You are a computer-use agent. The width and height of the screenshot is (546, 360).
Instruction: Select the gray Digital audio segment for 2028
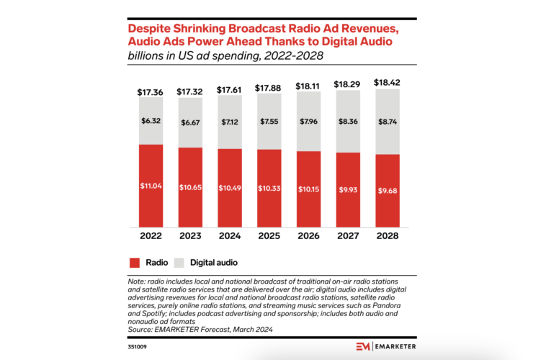(x=387, y=121)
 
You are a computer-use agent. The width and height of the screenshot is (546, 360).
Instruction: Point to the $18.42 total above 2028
(x=387, y=83)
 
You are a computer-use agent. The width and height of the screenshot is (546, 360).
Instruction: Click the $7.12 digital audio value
(x=229, y=122)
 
